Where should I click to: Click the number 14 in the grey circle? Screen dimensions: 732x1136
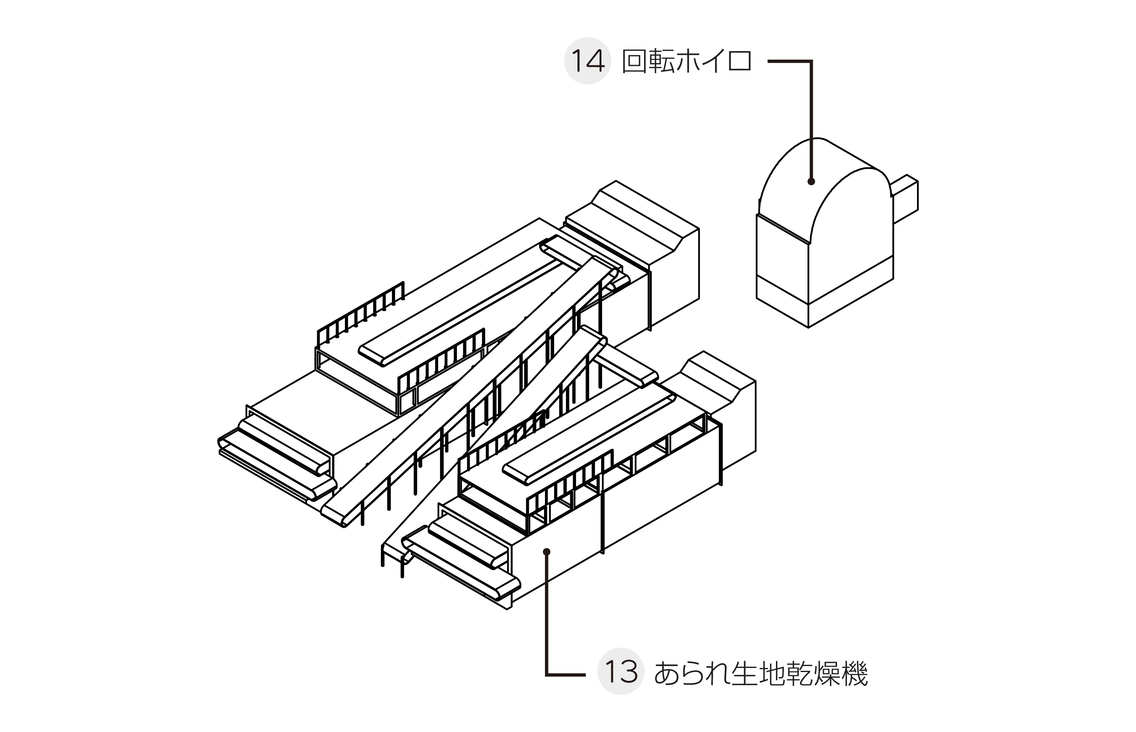pyautogui.click(x=588, y=61)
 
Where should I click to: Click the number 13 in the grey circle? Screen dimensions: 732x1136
pyautogui.click(x=621, y=672)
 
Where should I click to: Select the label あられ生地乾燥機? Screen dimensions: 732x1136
pyautogui.click(x=760, y=673)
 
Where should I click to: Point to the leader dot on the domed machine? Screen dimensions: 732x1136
pyautogui.click(x=811, y=181)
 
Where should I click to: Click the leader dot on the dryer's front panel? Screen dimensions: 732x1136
pyautogui.click(x=547, y=552)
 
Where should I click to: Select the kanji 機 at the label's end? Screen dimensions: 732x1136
pyautogui.click(x=853, y=673)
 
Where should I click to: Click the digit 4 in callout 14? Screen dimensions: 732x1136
pyautogui.click(x=596, y=61)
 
